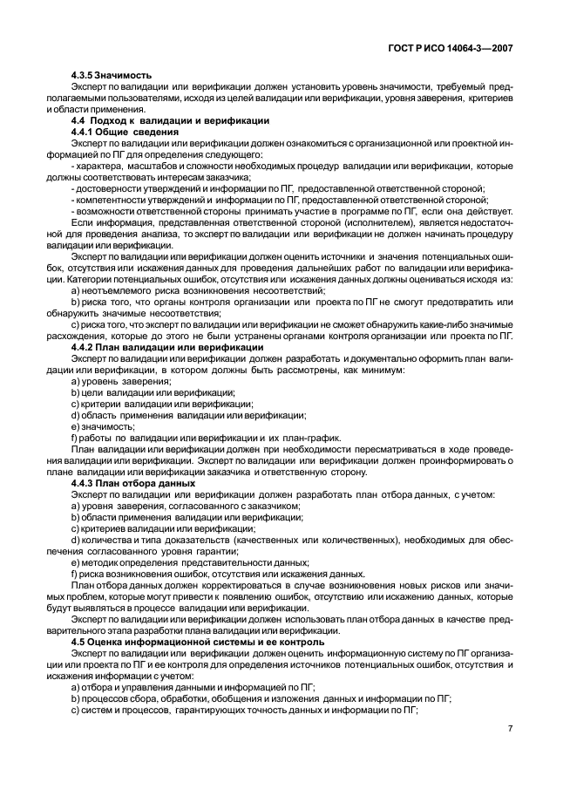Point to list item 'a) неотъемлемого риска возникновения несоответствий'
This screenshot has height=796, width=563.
click(198, 290)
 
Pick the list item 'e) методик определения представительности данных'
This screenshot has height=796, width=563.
click(190, 562)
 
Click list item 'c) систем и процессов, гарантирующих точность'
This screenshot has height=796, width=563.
click(245, 710)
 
